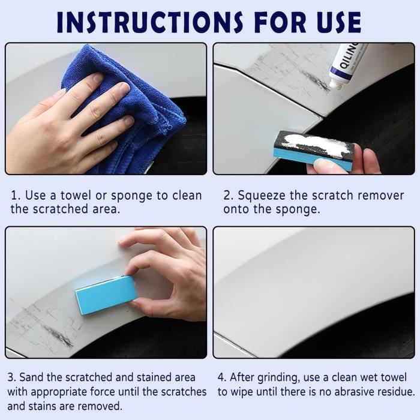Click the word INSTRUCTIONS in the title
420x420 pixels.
(150, 22)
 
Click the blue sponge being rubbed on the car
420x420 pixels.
(106, 295)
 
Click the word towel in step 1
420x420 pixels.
(76, 195)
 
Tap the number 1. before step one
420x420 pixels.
(15, 196)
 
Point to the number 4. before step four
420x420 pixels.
(222, 377)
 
